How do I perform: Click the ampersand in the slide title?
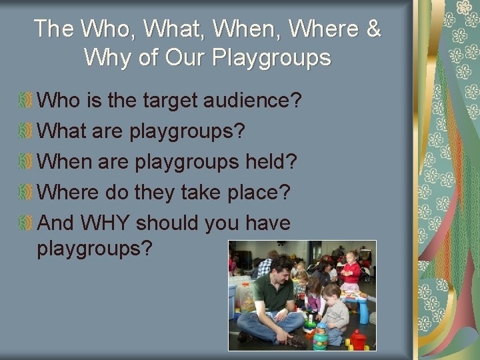(x=373, y=29)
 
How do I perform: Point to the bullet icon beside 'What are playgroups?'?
(x=26, y=131)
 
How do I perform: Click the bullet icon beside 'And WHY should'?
(x=26, y=223)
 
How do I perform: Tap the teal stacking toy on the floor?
(x=321, y=337)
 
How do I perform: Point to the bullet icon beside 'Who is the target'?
(x=26, y=101)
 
